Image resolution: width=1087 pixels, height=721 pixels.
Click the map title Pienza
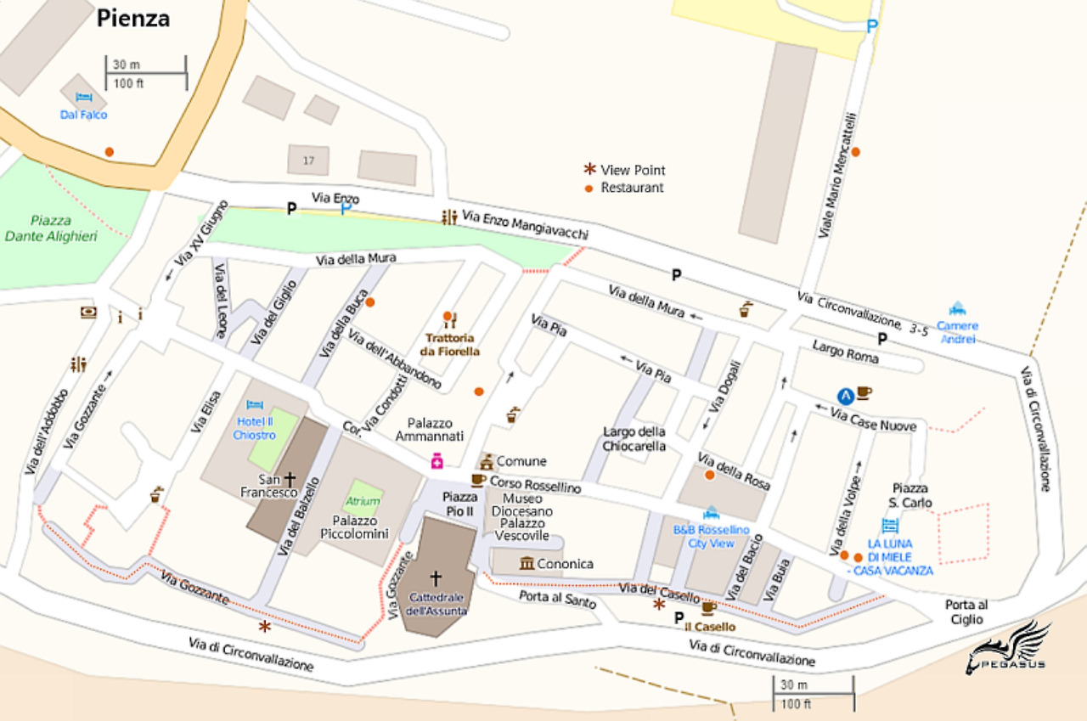click(x=132, y=18)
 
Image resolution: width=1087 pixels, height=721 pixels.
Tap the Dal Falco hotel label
click(x=83, y=115)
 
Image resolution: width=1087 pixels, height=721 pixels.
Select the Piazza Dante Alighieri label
click(x=51, y=228)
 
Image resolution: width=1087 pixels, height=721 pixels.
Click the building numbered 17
click(x=308, y=160)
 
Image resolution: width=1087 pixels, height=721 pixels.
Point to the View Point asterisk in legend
click(x=589, y=170)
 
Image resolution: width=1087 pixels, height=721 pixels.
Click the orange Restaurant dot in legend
click(x=589, y=188)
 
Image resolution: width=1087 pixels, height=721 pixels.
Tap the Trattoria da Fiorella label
click(x=450, y=345)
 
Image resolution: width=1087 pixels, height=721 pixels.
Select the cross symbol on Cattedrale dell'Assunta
click(x=436, y=578)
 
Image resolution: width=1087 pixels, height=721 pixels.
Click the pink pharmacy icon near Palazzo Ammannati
click(x=436, y=461)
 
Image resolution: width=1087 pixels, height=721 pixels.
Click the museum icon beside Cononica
click(x=527, y=563)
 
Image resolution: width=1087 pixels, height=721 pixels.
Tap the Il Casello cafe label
click(x=710, y=627)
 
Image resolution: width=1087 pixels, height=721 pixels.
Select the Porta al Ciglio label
click(x=966, y=612)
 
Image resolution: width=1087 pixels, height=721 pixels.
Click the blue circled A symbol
click(x=845, y=395)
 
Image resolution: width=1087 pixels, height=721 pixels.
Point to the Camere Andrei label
click(x=957, y=332)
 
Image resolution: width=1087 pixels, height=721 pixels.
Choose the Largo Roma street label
click(x=845, y=351)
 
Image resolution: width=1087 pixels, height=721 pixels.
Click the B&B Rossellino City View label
click(x=711, y=536)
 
